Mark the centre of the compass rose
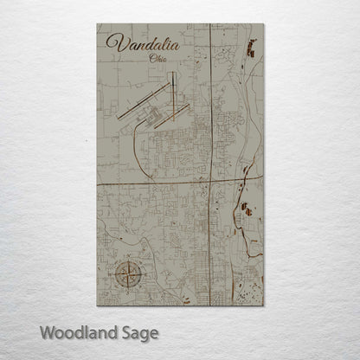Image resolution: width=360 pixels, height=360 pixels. [x=125, y=276]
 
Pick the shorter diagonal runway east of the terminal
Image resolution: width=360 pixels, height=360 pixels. [x=182, y=110]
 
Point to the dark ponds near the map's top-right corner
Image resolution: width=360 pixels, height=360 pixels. [x=251, y=47]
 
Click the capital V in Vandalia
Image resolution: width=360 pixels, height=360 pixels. [x=113, y=44]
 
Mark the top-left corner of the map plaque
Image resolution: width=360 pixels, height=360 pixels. [x=98, y=23]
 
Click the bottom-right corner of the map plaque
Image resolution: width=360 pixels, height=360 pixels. [x=262, y=305]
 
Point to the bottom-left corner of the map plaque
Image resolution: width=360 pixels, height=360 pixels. [x=98, y=305]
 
